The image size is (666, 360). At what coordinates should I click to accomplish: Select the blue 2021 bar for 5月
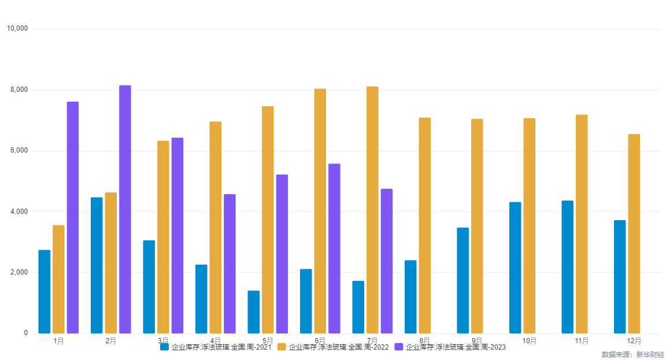tap(253, 312)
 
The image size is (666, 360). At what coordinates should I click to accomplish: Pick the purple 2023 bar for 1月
tap(73, 217)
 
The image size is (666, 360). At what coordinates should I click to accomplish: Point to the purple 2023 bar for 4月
tap(230, 263)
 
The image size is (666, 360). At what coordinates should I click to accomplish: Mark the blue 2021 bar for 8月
tap(410, 296)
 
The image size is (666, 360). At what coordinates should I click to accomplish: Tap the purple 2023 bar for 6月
tap(334, 248)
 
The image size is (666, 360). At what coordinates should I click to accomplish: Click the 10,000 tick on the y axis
tap(17, 29)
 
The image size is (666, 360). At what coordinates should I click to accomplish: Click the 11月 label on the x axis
tap(582, 341)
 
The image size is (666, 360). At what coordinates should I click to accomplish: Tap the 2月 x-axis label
tap(111, 341)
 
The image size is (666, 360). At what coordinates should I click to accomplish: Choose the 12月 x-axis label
tap(634, 341)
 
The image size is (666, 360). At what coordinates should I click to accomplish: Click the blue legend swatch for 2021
tap(165, 347)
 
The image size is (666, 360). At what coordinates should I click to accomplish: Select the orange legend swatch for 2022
tap(282, 347)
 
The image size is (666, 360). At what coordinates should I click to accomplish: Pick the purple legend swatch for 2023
tap(399, 347)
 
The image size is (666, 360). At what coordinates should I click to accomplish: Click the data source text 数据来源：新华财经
tap(632, 354)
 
